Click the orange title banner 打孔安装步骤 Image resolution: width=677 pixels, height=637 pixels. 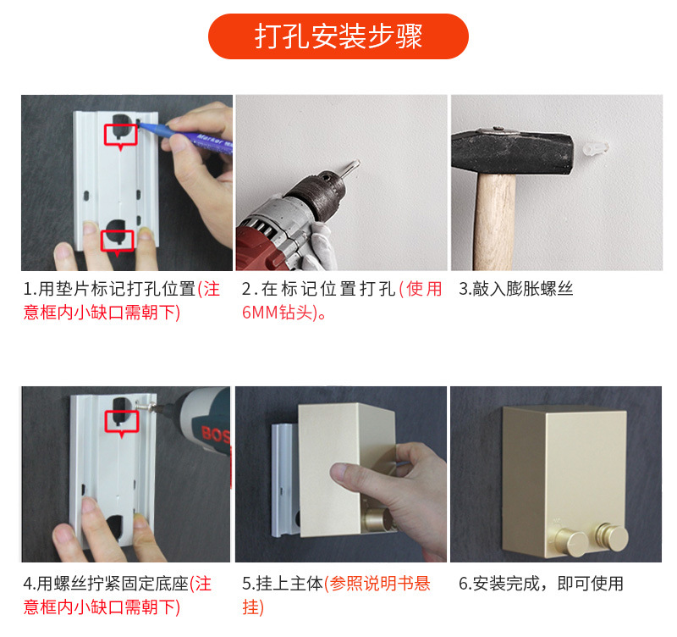coord(338,36)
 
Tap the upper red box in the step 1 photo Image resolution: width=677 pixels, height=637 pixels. coord(120,134)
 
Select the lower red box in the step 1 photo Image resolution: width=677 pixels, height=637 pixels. coord(118,240)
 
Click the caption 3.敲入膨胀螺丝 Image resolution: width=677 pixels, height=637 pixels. coord(515,289)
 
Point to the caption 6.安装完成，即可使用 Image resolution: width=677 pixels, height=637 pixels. coord(541,584)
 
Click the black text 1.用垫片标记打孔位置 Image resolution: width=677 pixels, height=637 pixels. coord(110,289)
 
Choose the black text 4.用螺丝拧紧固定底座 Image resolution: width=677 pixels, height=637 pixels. coord(106,584)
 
